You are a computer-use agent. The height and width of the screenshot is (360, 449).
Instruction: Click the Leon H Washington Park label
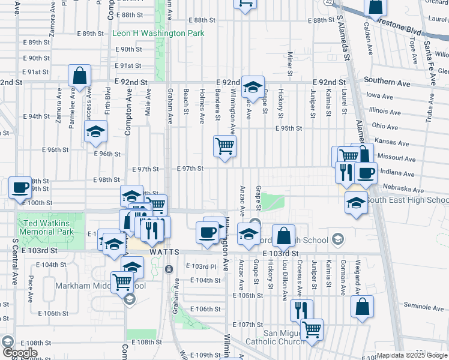(x=158, y=34)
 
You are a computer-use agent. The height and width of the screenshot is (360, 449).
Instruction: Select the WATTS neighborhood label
(x=164, y=252)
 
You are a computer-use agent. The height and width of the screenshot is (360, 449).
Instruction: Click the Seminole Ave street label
(x=423, y=307)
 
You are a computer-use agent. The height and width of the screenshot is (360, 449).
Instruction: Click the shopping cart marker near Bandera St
(x=224, y=145)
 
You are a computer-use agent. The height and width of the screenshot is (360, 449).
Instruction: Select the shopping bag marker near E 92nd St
(x=79, y=76)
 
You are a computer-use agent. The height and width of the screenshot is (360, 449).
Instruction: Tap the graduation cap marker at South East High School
(x=356, y=202)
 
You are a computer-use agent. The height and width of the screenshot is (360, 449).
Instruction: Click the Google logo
(x=19, y=353)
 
